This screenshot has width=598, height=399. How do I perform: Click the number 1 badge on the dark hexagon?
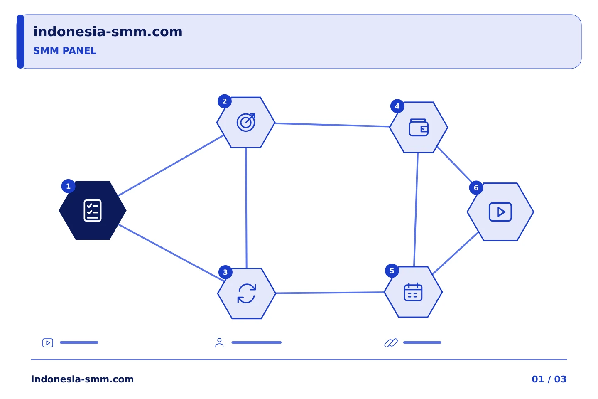[x=69, y=186]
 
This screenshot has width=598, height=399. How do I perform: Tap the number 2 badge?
[x=225, y=101]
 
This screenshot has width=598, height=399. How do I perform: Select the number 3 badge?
[x=225, y=272]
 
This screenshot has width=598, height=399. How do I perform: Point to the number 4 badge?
[x=397, y=106]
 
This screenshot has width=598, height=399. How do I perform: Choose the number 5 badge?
[x=392, y=271]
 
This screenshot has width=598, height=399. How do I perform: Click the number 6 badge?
[x=476, y=187]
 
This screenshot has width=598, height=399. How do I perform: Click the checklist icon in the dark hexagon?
[x=93, y=211]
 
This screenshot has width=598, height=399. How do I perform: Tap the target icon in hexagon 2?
[x=246, y=122]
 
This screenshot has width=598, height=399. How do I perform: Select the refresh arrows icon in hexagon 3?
[x=247, y=293]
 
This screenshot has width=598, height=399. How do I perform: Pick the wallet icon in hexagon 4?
[x=419, y=128]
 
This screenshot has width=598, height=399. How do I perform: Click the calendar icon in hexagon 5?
[x=413, y=292]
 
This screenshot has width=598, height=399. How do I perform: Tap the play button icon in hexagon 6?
[x=500, y=212]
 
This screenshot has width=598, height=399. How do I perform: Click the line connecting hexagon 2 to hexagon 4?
[x=332, y=125]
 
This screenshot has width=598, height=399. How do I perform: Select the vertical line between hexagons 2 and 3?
[x=246, y=208]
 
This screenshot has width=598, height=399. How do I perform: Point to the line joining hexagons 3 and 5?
[x=330, y=293]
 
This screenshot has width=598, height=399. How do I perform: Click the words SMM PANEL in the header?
[x=65, y=51]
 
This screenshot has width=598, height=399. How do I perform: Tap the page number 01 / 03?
[x=549, y=379]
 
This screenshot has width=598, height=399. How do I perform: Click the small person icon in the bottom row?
[x=219, y=343]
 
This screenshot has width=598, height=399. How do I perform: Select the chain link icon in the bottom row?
[x=391, y=343]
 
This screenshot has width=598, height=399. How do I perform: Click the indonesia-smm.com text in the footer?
[x=83, y=379]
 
